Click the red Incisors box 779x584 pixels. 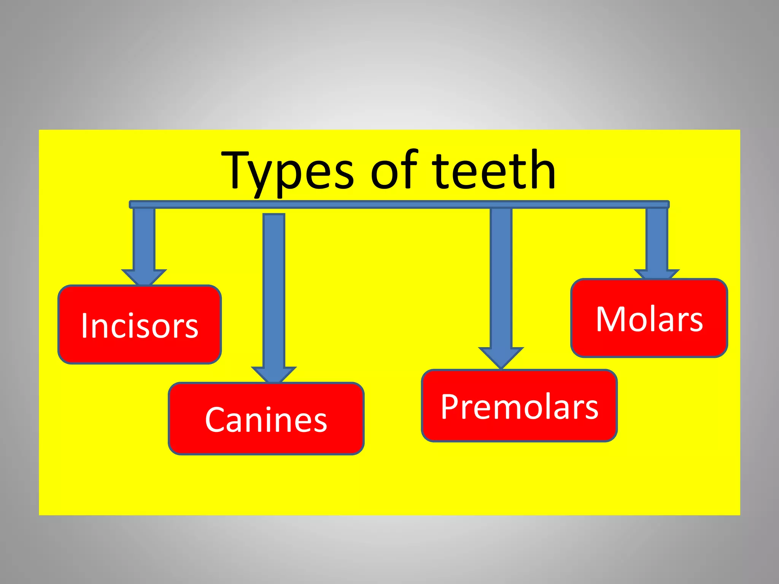pyautogui.click(x=140, y=324)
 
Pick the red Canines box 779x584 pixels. pyautogui.click(x=266, y=418)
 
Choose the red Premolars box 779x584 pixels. pyautogui.click(x=519, y=405)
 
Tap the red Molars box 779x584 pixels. pyautogui.click(x=649, y=318)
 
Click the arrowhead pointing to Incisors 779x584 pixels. pyautogui.click(x=144, y=276)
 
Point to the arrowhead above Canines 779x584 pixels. pyautogui.click(x=274, y=374)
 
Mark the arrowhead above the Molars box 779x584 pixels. pyautogui.click(x=657, y=274)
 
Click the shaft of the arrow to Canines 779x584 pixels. pyautogui.click(x=274, y=289)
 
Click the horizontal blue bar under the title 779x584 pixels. pyautogui.click(x=399, y=205)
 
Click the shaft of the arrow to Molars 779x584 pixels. pyautogui.click(x=657, y=240)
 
